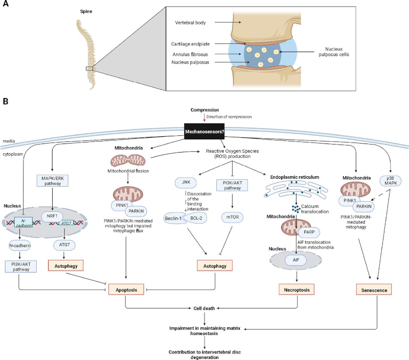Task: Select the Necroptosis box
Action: pyautogui.click(x=298, y=290)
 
